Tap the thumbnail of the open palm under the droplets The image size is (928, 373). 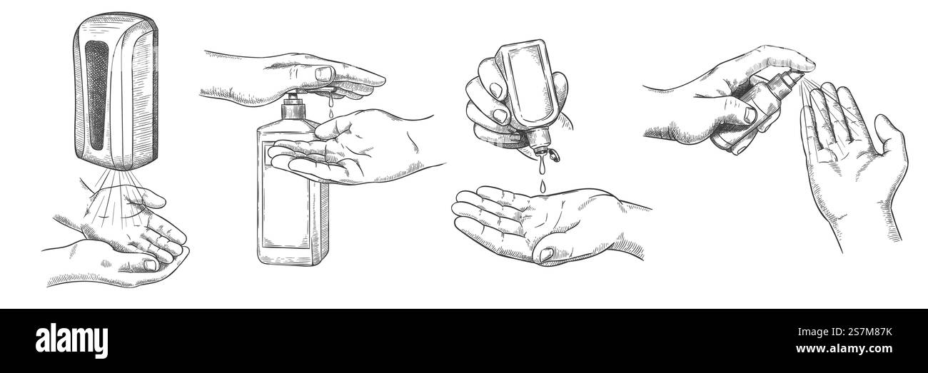549,252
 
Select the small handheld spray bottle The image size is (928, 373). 750,114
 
